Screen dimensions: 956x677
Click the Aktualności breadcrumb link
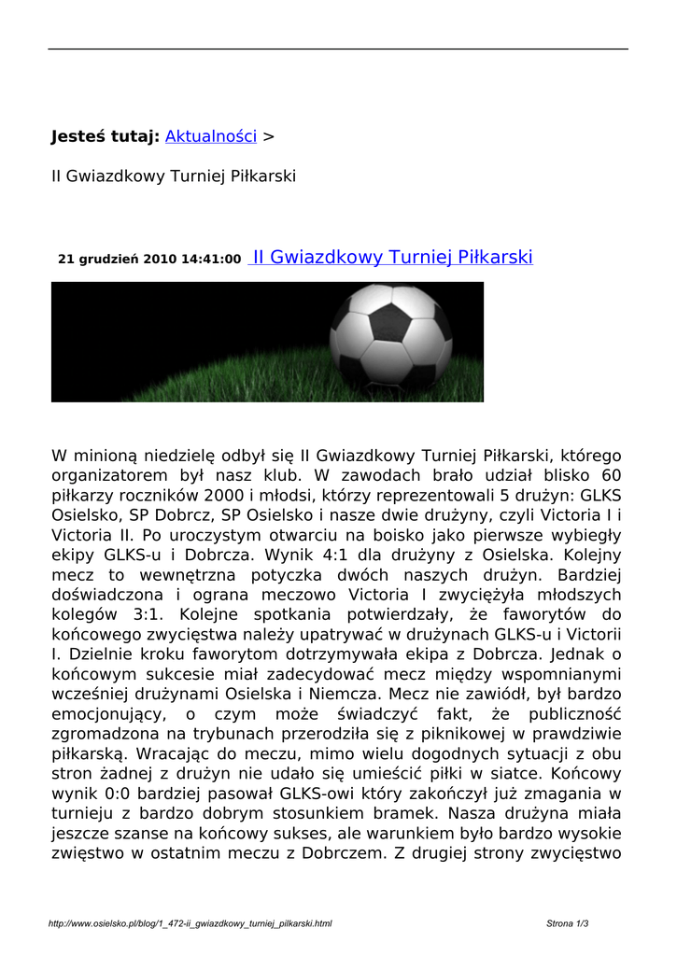tap(210, 136)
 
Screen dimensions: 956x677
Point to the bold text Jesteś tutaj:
tap(105, 136)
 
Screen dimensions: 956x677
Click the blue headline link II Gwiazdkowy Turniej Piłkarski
tap(392, 257)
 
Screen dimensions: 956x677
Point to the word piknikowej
tap(468, 734)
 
